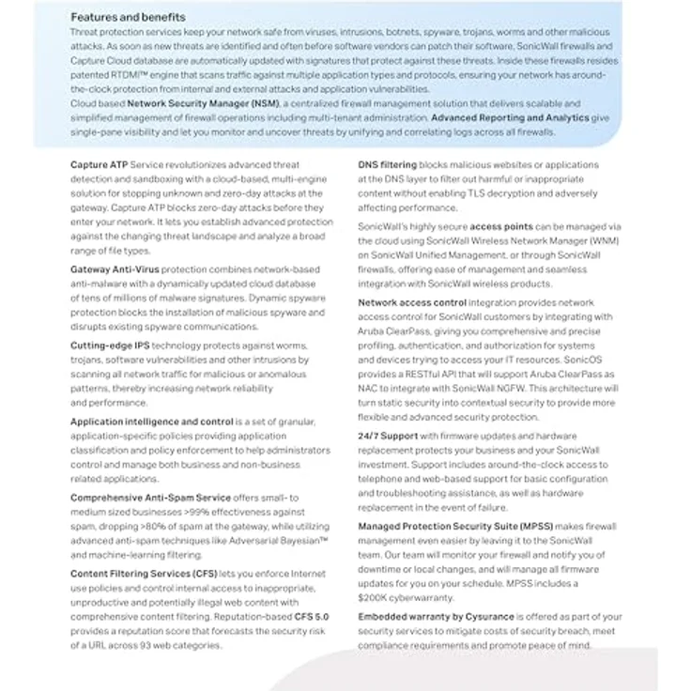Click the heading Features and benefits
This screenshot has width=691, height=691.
[128, 17]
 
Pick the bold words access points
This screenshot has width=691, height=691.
[501, 227]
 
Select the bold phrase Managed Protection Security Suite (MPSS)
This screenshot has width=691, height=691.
[476, 527]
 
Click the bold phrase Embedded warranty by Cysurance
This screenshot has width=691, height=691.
[436, 617]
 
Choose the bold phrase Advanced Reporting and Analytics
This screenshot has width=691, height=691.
[510, 117]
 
